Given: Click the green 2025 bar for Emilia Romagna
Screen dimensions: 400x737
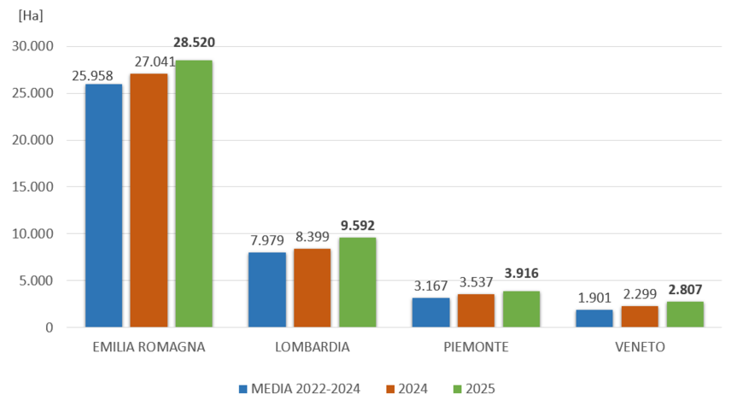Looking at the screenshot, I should point(194,194).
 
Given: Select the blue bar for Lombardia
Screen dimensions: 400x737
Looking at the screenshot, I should point(267,290).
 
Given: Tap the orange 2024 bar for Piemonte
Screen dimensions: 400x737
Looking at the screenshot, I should point(477,310).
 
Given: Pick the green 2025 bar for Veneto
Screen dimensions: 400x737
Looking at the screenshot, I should point(685,314).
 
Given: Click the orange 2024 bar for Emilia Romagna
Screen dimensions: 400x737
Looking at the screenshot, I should point(149,200).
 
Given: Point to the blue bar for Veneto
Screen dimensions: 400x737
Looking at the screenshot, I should point(595,318).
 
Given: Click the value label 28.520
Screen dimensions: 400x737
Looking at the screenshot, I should point(194,42).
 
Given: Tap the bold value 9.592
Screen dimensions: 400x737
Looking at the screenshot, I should point(357,226).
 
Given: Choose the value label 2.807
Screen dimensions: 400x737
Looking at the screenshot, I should point(686,290).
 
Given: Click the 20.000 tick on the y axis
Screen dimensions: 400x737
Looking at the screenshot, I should point(32,140).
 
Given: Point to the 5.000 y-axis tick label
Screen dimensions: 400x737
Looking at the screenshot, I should point(35,280).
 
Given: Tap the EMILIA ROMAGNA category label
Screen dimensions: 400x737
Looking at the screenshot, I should point(148,348).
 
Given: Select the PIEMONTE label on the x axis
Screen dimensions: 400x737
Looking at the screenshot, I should point(477,348).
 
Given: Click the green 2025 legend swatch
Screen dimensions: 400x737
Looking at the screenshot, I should point(457,389).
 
